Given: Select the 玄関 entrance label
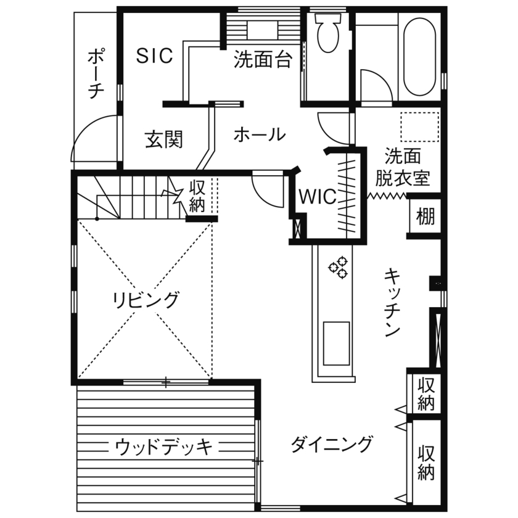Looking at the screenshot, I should [x=163, y=140].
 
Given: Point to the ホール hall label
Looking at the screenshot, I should [x=259, y=134].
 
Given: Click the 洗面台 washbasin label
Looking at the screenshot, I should [x=263, y=60].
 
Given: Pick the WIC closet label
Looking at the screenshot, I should [x=318, y=197].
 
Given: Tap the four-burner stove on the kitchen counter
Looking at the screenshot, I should [x=339, y=268].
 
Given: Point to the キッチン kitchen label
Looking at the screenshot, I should [x=392, y=302].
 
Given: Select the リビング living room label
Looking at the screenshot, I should [x=146, y=300].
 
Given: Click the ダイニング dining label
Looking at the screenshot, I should [x=332, y=443].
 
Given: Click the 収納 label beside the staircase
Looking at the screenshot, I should [x=197, y=195].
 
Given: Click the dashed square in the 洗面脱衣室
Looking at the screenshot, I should [x=419, y=126].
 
